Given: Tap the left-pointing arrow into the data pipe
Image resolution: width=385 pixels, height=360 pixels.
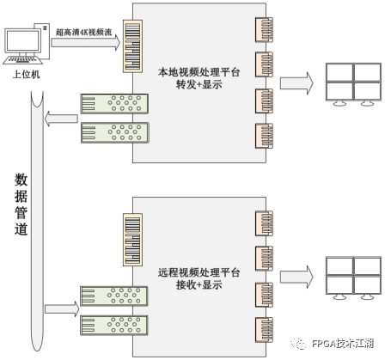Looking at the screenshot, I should point(62,119).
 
